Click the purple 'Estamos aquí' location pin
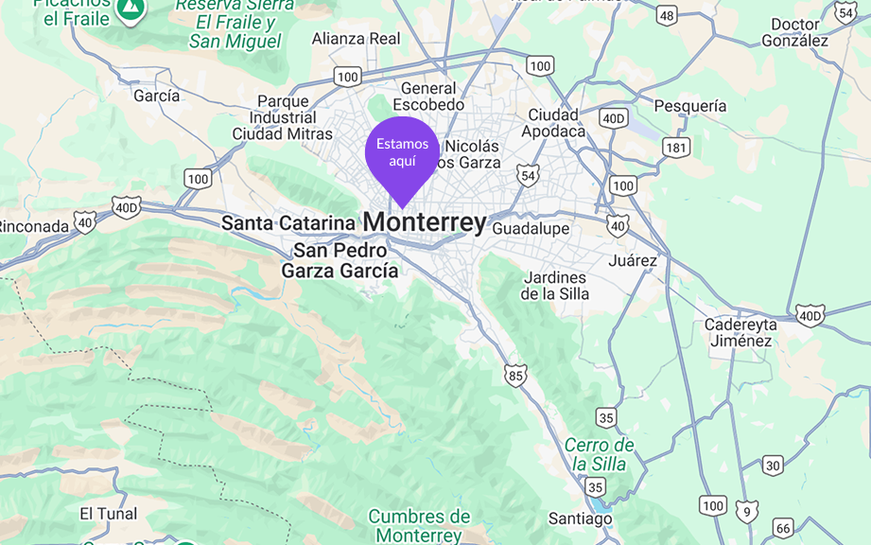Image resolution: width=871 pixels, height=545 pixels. (402, 153)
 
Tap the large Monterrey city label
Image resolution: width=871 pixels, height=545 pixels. (425, 222)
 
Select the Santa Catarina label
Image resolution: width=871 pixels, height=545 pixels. (287, 223)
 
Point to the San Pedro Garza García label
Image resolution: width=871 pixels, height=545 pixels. (340, 261)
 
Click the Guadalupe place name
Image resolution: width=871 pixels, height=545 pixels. (531, 229)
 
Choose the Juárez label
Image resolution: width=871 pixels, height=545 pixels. (633, 260)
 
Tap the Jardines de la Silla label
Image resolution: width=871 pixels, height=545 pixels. (555, 286)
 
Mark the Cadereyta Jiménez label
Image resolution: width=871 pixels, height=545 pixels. (740, 332)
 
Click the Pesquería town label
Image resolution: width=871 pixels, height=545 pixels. (690, 106)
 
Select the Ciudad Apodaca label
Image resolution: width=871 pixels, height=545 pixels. (556, 123)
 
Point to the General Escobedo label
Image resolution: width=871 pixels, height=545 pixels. (428, 97)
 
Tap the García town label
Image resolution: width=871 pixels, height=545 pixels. (156, 96)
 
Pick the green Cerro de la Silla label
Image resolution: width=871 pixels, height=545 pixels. (600, 454)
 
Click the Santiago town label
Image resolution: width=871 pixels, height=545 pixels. (581, 519)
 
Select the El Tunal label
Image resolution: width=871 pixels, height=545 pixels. (108, 514)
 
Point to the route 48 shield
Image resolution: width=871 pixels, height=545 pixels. (668, 15)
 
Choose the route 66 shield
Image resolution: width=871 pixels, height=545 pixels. (782, 528)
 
